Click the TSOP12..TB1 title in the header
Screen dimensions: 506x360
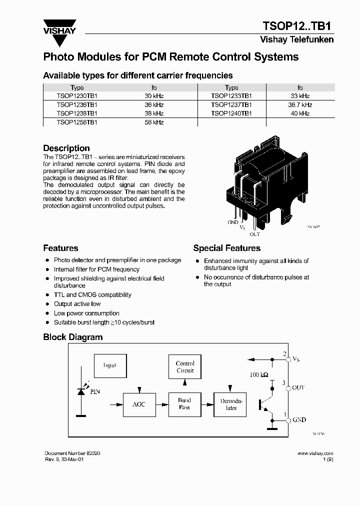click(x=298, y=26)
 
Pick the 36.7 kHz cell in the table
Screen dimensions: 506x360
click(x=299, y=104)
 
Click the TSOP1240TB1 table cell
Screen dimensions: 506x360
click(x=231, y=113)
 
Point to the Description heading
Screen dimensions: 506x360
click(x=66, y=148)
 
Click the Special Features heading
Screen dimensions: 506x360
click(x=226, y=248)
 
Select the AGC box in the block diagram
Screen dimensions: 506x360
click(x=138, y=404)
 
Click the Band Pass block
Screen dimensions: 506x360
click(x=184, y=404)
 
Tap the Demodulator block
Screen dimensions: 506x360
click(x=231, y=404)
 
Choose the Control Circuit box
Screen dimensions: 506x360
click(x=185, y=367)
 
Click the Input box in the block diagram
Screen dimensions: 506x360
click(x=110, y=365)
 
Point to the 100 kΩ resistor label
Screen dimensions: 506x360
click(x=258, y=374)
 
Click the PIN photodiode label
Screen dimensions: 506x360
click(x=95, y=391)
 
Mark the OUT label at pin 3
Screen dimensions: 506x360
click(x=298, y=387)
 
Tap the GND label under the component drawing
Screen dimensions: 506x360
click(x=233, y=222)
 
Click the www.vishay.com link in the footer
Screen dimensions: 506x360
click(x=315, y=453)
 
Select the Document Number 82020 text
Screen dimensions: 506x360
click(x=72, y=453)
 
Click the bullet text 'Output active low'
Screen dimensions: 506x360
click(x=77, y=304)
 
